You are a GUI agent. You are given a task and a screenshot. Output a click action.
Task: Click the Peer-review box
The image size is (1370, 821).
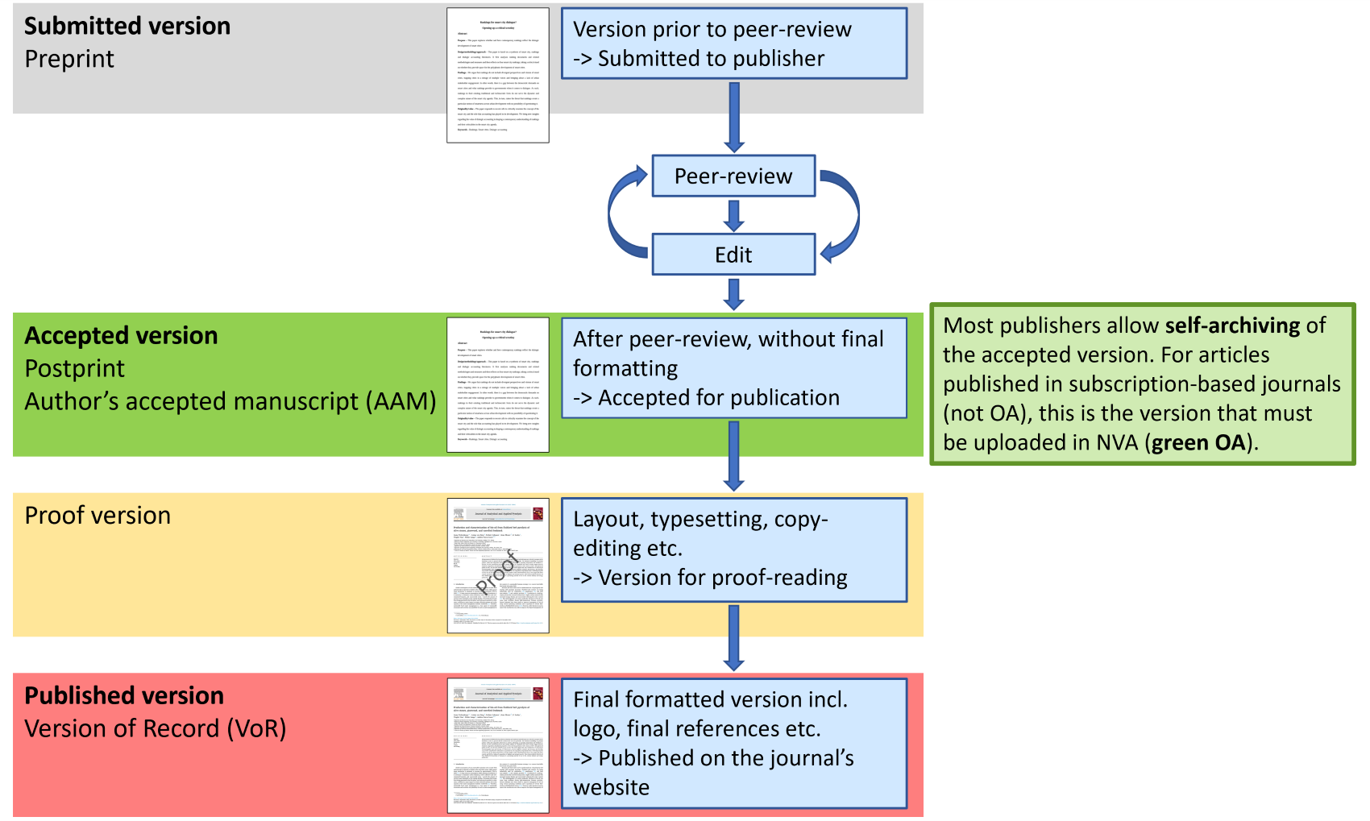pos(733,176)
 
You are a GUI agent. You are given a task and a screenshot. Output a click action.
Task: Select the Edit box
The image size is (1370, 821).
pos(733,255)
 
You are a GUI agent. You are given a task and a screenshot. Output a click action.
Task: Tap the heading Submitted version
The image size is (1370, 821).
pos(127,26)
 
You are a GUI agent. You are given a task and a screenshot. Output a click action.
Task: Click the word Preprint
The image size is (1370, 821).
pos(69,59)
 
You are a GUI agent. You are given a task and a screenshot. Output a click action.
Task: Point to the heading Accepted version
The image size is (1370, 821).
pos(121,335)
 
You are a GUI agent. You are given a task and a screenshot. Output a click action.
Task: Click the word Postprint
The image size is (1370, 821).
pos(74,368)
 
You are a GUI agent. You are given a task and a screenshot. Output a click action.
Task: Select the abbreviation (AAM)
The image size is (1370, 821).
pos(401,401)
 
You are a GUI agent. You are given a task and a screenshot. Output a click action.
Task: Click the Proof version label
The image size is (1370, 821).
pos(98,516)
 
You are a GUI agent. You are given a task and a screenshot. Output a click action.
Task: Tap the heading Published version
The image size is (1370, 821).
pos(124,695)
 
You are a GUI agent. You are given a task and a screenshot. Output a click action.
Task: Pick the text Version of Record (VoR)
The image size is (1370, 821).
pos(156,728)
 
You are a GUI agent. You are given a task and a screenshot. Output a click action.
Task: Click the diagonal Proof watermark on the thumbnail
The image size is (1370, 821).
pos(497,571)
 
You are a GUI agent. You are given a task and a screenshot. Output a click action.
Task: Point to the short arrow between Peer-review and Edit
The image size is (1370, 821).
pos(733,215)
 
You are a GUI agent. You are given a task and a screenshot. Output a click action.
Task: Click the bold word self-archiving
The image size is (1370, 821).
pos(1232,325)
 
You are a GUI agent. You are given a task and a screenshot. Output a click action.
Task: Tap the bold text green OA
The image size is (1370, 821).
pos(1198,442)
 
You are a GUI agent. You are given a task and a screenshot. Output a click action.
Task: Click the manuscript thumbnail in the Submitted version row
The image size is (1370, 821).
pos(498,76)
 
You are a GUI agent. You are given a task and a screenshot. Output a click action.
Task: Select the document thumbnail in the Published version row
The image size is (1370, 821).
pos(498,745)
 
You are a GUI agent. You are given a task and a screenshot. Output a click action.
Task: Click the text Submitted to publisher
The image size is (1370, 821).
pos(711,59)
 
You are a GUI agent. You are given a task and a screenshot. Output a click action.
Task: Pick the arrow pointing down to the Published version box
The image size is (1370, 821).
pos(733,638)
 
